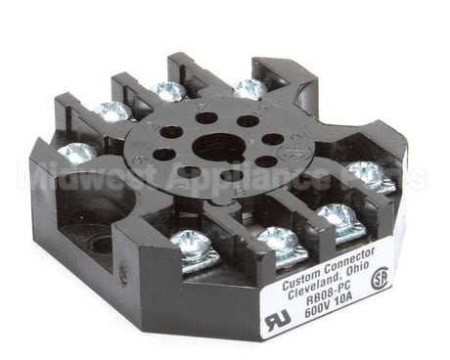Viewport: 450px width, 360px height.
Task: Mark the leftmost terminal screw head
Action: coord(76,153)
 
